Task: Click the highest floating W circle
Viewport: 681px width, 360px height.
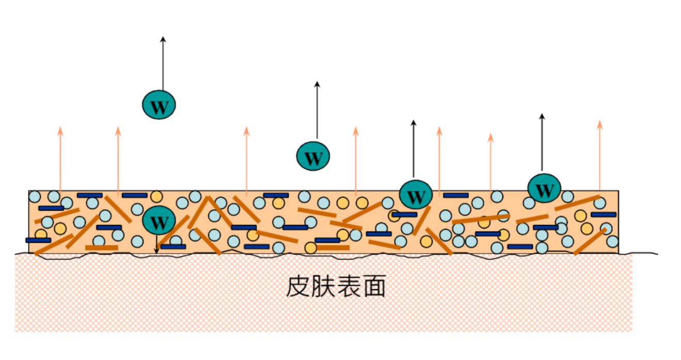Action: pyautogui.click(x=159, y=105)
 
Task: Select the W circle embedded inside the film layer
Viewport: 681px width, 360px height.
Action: pyautogui.click(x=159, y=221)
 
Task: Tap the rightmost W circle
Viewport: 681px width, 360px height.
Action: pyautogui.click(x=544, y=189)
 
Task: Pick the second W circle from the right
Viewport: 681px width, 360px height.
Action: pyautogui.click(x=416, y=195)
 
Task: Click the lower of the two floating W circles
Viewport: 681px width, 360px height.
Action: pyautogui.click(x=313, y=155)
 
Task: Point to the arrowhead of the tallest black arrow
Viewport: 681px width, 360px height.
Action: pyautogui.click(x=163, y=39)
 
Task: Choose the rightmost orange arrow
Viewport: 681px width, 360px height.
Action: pyautogui.click(x=599, y=155)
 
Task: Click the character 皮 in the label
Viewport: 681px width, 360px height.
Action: pyautogui.click(x=298, y=287)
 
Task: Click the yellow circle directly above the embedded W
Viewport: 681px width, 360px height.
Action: pyautogui.click(x=156, y=197)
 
